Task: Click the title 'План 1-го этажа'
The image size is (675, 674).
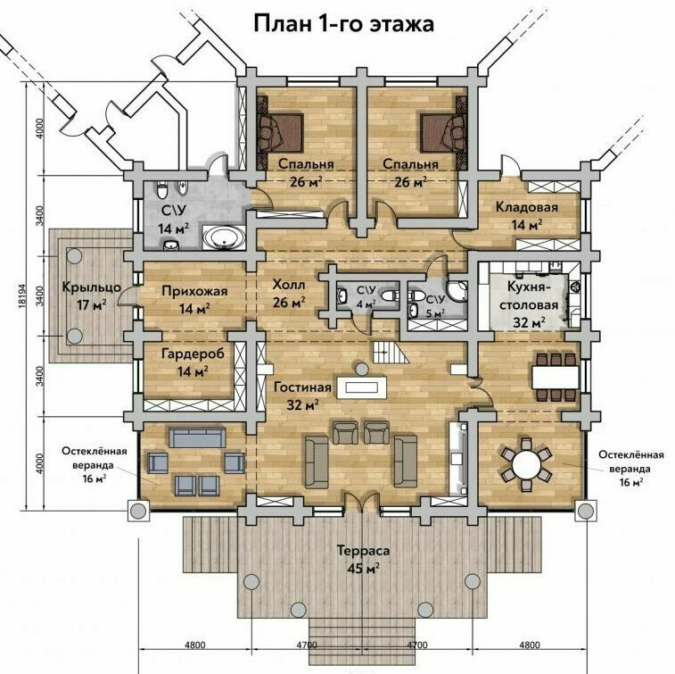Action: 343,24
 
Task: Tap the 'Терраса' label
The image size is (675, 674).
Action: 363,550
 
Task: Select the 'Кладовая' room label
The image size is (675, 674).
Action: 526,207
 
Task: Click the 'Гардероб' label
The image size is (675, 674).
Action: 193,354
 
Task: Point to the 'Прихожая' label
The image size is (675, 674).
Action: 194,292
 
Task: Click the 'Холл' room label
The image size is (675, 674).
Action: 289,285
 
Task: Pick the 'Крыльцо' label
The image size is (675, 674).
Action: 92,287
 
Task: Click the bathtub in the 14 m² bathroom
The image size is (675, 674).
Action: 224,237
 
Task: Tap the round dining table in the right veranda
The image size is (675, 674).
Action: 526,465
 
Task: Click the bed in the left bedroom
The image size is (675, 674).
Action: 280,133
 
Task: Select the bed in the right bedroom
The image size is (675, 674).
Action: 444,133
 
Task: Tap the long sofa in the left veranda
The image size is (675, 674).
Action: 197,437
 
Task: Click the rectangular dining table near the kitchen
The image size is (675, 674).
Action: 556,378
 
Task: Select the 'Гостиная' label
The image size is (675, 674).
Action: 302,387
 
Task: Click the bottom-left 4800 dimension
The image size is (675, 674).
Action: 194,645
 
